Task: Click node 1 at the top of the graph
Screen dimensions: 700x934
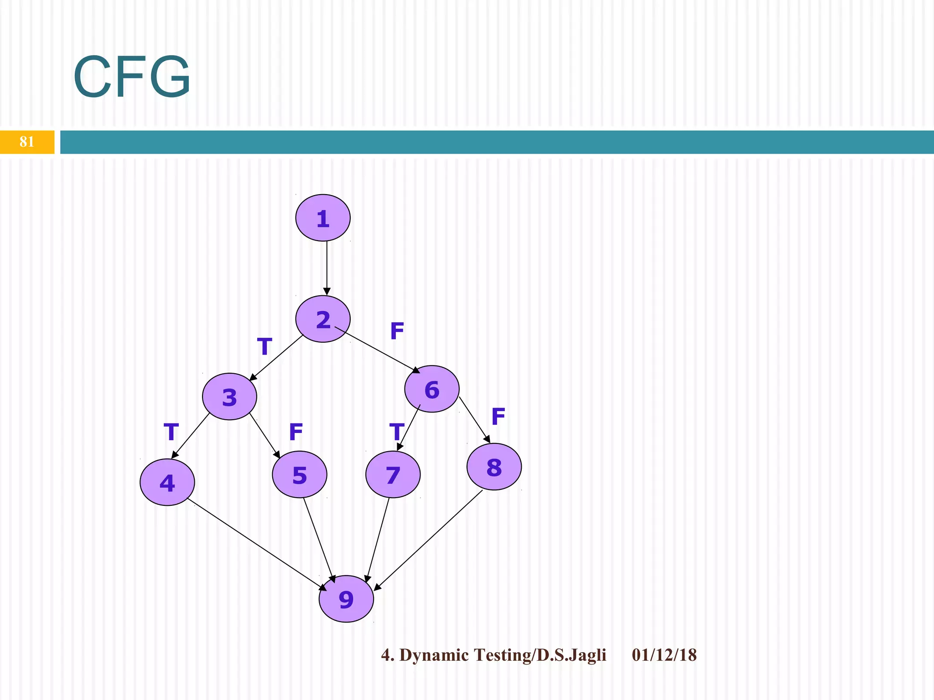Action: click(x=323, y=218)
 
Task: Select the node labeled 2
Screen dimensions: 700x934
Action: click(x=323, y=319)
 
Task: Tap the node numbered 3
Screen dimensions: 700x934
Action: click(x=229, y=396)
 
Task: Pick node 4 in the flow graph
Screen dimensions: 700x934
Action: click(x=167, y=482)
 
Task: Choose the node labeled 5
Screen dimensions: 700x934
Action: click(x=300, y=474)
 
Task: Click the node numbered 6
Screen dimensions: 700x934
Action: click(x=432, y=389)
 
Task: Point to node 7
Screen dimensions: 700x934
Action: click(x=393, y=474)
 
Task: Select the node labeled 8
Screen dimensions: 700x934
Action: click(x=494, y=467)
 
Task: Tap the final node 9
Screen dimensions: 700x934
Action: click(x=346, y=599)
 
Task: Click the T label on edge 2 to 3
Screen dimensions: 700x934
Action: click(x=265, y=347)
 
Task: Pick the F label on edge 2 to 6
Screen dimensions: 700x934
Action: click(x=397, y=331)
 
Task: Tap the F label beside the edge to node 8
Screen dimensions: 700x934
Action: click(x=498, y=416)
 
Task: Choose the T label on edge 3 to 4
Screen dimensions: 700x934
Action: click(x=171, y=432)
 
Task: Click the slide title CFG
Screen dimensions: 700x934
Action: click(x=132, y=77)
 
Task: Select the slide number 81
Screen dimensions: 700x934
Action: click(x=27, y=142)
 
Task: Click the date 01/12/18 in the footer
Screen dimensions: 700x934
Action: click(x=664, y=655)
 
